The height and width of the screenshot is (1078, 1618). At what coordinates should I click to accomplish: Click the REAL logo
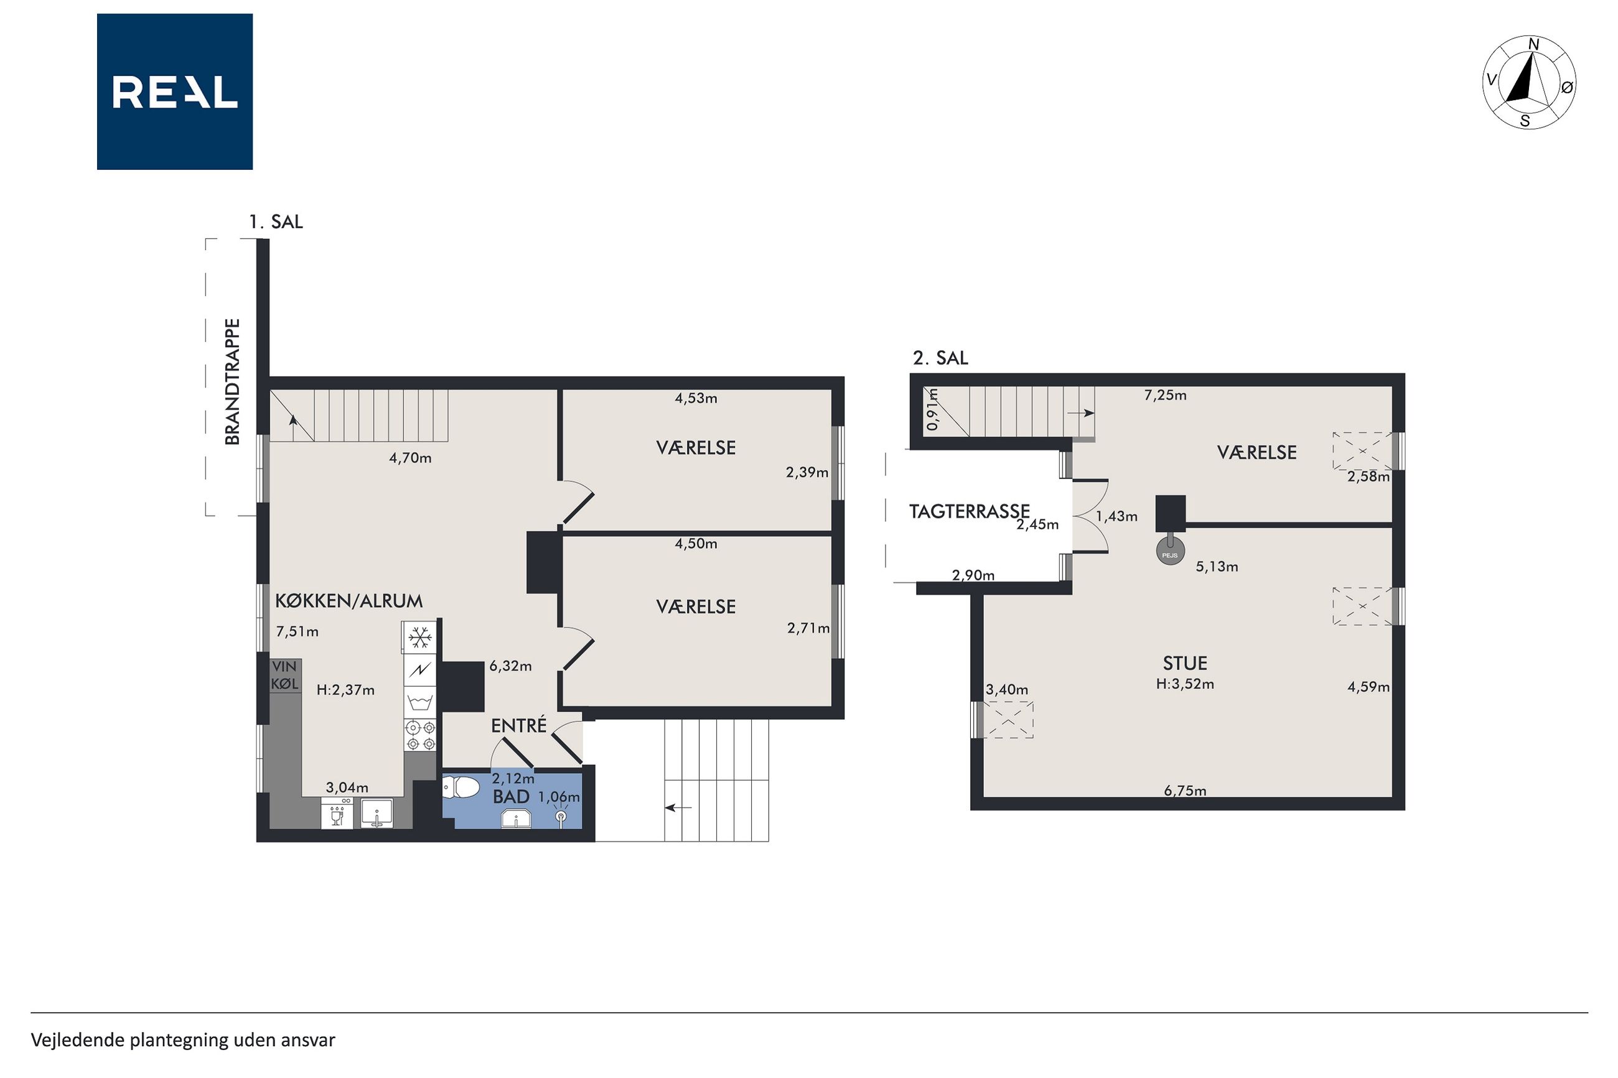click(x=175, y=91)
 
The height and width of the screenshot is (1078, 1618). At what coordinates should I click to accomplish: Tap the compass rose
click(x=1529, y=83)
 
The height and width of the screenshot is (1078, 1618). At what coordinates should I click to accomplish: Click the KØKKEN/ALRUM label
click(x=348, y=601)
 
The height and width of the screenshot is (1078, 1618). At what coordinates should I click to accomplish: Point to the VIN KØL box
click(x=284, y=675)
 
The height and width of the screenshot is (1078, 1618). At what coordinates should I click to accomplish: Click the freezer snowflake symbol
click(x=419, y=638)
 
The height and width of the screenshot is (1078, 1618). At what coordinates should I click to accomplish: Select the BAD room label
click(x=511, y=797)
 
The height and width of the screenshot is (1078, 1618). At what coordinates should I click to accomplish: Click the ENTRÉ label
click(x=518, y=725)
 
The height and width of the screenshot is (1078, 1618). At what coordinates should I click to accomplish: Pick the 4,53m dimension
click(x=696, y=398)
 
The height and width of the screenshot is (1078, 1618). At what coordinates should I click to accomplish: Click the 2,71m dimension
click(x=808, y=628)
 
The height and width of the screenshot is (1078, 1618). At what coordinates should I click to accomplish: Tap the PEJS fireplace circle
click(x=1170, y=554)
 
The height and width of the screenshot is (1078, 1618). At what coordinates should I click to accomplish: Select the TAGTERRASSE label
click(x=969, y=511)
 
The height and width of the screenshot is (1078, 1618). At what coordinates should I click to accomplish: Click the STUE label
click(x=1185, y=664)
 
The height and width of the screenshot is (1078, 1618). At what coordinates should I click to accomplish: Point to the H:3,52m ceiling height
click(x=1185, y=684)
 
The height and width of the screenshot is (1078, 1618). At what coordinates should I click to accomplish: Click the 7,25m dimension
click(x=1165, y=396)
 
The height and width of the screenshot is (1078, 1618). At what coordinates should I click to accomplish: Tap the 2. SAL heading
click(x=940, y=358)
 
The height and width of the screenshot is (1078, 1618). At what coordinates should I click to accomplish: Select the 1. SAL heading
click(x=276, y=221)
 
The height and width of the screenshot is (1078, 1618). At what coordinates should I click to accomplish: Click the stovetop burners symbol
click(x=420, y=735)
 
